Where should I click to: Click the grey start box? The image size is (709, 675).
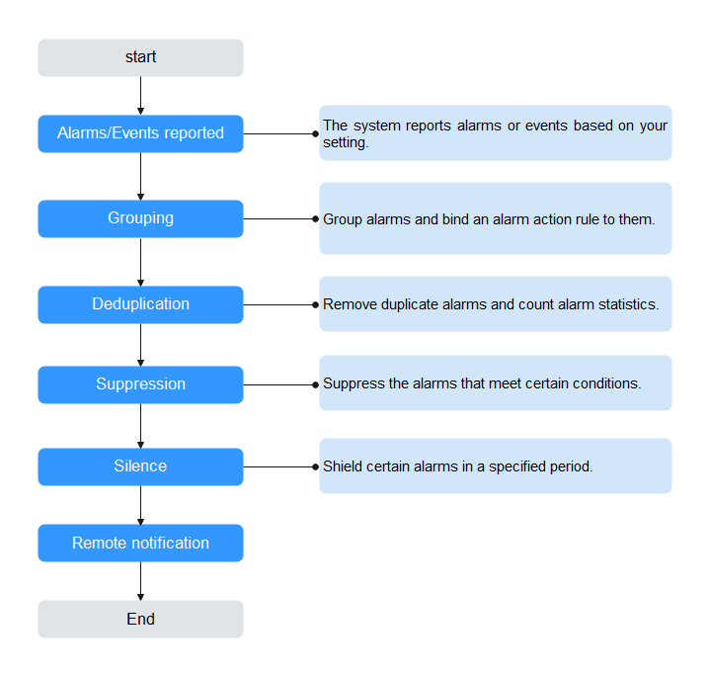[140, 57]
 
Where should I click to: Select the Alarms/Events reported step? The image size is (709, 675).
[140, 133]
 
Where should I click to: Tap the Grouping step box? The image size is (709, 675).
[140, 218]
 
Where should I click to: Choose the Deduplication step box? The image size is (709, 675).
[140, 304]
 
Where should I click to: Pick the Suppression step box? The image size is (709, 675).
[140, 384]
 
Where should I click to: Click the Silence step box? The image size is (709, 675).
[140, 466]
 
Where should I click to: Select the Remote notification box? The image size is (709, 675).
[140, 543]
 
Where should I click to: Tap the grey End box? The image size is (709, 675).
[140, 619]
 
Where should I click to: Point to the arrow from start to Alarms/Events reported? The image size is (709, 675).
[140, 96]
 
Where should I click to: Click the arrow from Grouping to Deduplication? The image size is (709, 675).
[140, 262]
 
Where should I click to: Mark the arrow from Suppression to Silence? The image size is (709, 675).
[140, 426]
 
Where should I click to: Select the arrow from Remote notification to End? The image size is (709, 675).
[140, 581]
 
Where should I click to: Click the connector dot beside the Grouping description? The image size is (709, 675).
[316, 219]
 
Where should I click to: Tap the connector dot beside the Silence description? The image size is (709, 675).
[316, 466]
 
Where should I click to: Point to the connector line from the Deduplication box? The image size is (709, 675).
[279, 305]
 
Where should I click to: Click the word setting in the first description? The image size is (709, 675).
[344, 143]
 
